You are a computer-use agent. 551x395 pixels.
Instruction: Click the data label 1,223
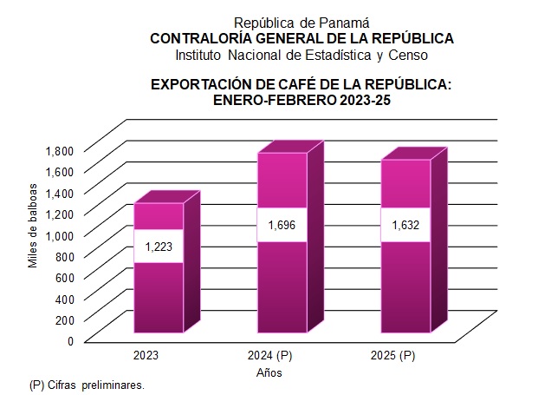click(158, 247)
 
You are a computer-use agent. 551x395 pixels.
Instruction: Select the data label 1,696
click(282, 226)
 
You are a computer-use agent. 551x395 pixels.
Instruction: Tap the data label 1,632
click(405, 226)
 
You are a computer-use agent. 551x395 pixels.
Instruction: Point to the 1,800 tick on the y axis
click(60, 149)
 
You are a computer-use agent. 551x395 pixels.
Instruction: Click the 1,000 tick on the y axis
click(60, 234)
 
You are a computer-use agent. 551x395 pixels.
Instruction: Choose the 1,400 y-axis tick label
click(60, 192)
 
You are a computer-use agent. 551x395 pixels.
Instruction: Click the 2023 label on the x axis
click(146, 356)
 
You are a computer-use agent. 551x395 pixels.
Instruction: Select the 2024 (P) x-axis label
click(269, 356)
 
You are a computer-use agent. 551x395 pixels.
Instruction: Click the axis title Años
click(269, 373)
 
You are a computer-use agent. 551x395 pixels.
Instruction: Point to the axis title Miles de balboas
click(33, 225)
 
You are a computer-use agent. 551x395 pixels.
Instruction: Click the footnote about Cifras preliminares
click(86, 384)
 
